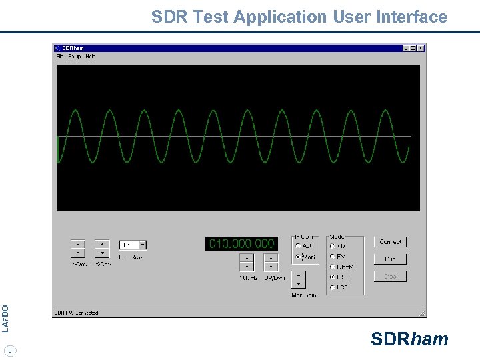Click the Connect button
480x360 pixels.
click(390, 242)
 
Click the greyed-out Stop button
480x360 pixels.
click(390, 276)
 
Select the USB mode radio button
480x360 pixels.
click(333, 277)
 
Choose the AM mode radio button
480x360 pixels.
click(333, 246)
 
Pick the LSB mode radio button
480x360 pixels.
click(333, 287)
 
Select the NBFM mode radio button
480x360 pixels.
click(333, 267)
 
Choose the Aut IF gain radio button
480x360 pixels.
click(298, 246)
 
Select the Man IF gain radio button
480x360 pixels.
click(298, 257)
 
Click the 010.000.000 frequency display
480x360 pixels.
click(241, 244)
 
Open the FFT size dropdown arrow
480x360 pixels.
click(143, 245)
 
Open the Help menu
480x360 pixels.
click(91, 57)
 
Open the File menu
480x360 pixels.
click(60, 57)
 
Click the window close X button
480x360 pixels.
click(421, 48)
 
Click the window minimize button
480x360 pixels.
click(406, 48)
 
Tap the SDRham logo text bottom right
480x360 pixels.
click(409, 339)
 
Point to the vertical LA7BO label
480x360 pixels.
click(5, 318)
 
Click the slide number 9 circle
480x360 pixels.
click(9, 350)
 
